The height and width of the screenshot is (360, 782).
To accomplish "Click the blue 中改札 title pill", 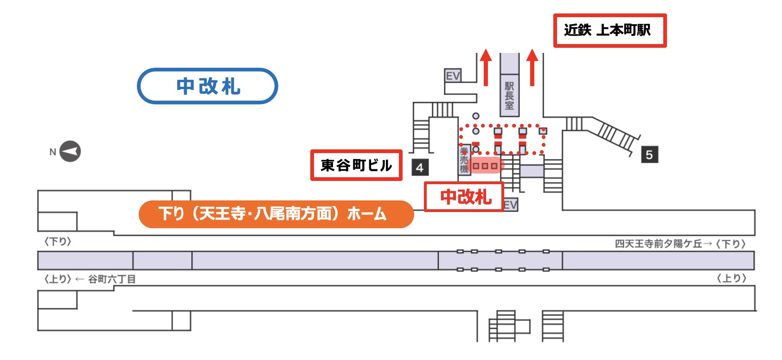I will (207, 86).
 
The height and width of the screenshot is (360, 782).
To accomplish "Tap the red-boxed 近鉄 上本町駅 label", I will (609, 31).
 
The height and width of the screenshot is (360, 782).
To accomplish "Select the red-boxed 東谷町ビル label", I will (356, 165).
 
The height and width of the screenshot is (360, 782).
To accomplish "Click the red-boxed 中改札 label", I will (464, 197).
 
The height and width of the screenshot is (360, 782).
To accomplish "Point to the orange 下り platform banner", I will (276, 214).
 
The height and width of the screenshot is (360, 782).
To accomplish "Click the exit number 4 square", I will (420, 167).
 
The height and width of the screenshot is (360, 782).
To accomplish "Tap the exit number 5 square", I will (649, 154).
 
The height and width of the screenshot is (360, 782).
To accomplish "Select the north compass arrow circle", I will (70, 151).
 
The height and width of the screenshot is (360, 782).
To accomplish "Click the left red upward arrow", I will (486, 68).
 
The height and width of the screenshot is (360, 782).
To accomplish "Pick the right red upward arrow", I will (532, 68).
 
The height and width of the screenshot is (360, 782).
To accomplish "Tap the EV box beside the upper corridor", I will (453, 76).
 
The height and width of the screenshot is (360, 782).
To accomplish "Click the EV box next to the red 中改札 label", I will (511, 205).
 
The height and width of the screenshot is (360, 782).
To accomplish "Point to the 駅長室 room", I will (509, 95).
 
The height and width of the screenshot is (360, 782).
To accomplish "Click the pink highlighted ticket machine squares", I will (485, 165).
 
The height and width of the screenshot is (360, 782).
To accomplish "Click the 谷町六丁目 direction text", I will (112, 279).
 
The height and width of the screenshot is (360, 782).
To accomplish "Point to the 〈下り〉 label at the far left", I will (58, 242).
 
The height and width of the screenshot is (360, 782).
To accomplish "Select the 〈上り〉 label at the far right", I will (731, 278).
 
